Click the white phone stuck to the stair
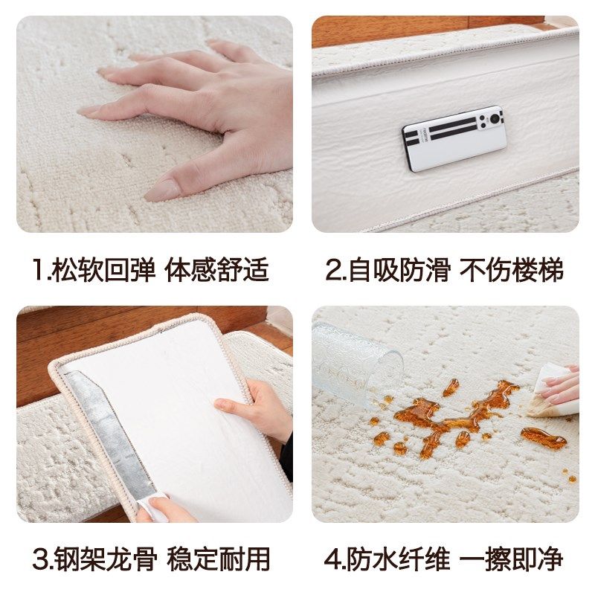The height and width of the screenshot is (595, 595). click(454, 138)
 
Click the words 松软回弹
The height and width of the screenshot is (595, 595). click(103, 270)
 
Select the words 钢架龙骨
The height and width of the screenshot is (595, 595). click(103, 559)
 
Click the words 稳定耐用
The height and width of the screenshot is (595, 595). click(217, 559)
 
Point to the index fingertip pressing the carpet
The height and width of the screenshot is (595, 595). click(89, 110)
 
